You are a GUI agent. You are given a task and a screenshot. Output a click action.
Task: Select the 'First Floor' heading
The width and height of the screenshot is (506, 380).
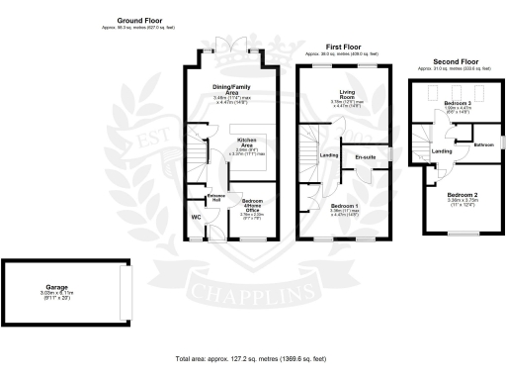(x=343, y=45)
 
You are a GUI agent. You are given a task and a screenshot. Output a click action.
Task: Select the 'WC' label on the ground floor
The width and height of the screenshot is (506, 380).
(x=195, y=216)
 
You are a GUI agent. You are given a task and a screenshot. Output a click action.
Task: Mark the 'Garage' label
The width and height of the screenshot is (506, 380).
(x=66, y=288)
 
